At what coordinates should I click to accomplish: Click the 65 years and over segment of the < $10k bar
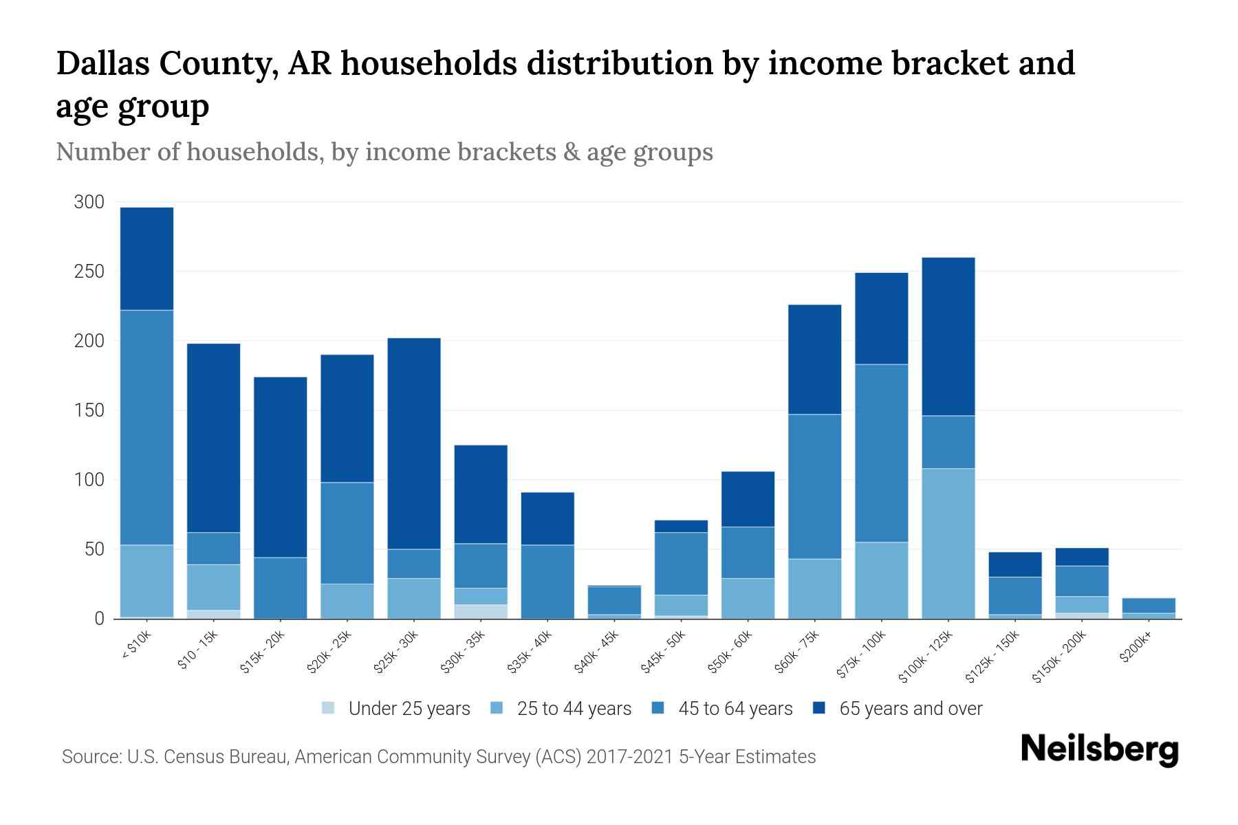click(146, 258)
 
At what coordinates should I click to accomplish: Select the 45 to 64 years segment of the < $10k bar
click(146, 427)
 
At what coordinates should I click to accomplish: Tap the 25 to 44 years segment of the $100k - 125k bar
click(948, 543)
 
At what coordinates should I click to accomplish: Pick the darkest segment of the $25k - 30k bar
click(414, 443)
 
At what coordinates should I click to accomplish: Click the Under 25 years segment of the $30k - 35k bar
click(481, 611)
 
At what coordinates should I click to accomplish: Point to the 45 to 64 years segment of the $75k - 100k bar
click(882, 453)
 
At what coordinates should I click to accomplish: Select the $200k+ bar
click(1149, 608)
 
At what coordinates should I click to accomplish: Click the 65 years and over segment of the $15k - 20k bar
click(281, 467)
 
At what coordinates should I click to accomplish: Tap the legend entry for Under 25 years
click(396, 709)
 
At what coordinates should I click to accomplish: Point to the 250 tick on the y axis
click(89, 272)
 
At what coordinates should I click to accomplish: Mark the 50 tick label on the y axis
click(94, 549)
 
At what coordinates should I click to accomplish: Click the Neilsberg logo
click(1099, 749)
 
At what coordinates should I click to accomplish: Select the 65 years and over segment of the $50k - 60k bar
click(748, 499)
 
